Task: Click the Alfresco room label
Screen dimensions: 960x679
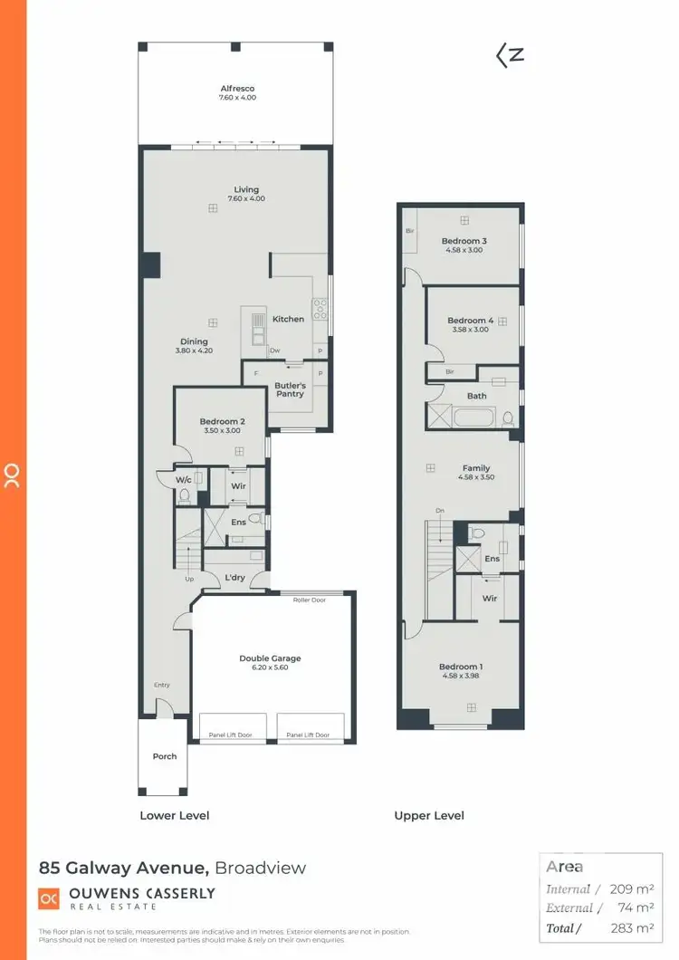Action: pyautogui.click(x=237, y=89)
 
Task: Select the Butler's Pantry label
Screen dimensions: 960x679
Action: pyautogui.click(x=291, y=389)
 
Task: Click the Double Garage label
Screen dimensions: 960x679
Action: pyautogui.click(x=270, y=658)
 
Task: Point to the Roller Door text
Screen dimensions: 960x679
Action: pyautogui.click(x=310, y=600)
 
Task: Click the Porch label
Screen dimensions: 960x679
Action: pyautogui.click(x=165, y=756)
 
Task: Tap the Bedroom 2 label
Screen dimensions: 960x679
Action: pyautogui.click(x=222, y=421)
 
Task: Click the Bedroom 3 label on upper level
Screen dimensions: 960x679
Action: pyautogui.click(x=464, y=241)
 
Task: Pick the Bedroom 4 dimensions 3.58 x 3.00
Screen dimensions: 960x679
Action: pyautogui.click(x=470, y=330)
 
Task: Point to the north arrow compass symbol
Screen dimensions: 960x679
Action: pyautogui.click(x=511, y=55)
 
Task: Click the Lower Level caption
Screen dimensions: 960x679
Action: pyautogui.click(x=174, y=815)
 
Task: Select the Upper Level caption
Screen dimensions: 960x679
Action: pyautogui.click(x=429, y=815)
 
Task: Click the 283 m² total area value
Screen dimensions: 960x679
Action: pyautogui.click(x=631, y=927)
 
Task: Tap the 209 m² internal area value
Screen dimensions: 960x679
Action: pyautogui.click(x=631, y=889)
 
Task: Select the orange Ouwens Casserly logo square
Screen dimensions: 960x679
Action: pyautogui.click(x=49, y=898)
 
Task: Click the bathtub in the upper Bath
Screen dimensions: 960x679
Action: pyautogui.click(x=473, y=418)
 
